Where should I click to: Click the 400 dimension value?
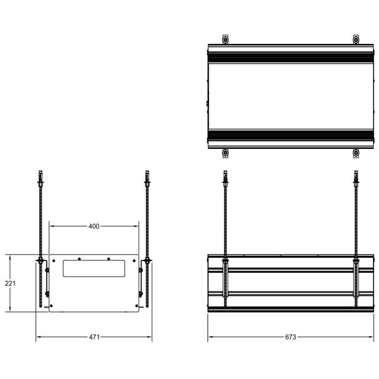point(94,226)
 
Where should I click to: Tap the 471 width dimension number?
point(94,337)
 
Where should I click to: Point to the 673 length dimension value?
point(291,337)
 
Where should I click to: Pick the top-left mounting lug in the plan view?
point(226,40)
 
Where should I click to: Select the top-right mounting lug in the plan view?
point(356,40)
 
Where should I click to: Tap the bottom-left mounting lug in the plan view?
point(226,154)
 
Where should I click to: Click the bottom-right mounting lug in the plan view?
point(356,154)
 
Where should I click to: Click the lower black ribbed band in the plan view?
point(291,136)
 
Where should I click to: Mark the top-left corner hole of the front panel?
point(53,258)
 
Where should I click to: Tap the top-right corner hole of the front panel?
point(135,258)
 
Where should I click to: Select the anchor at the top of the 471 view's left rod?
point(40,178)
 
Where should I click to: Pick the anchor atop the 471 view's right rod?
point(147,178)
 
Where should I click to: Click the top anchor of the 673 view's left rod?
point(225,178)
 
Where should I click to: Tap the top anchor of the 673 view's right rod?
point(356,178)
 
